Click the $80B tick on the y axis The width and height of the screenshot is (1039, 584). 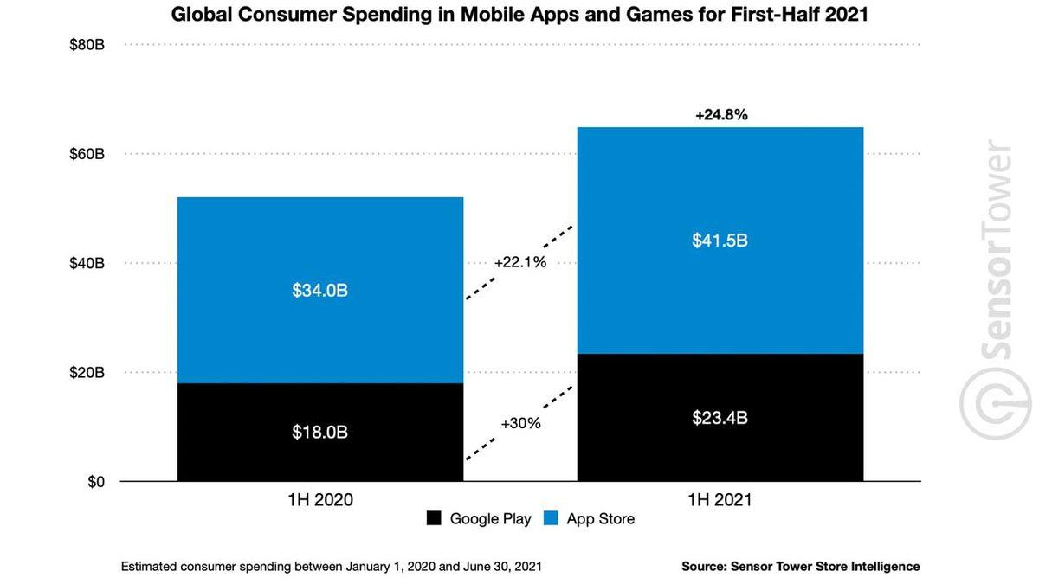(87, 44)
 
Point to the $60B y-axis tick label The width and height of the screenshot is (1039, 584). (87, 154)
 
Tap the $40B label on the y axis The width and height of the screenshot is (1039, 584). (87, 263)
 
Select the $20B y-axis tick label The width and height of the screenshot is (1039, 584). (87, 373)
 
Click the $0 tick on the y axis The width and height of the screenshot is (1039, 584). (95, 482)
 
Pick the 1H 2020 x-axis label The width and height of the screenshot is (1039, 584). (319, 500)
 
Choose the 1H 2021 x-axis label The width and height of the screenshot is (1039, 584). (720, 500)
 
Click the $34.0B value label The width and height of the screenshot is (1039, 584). (319, 291)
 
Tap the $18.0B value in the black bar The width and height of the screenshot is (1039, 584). (319, 432)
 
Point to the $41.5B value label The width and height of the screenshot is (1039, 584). (720, 241)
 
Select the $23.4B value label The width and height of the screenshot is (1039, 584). (720, 418)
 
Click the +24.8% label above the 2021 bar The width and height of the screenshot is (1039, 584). (721, 114)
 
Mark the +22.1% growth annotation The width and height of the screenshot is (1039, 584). (520, 262)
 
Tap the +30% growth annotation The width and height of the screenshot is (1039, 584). (520, 423)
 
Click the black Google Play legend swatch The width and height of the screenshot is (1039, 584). (434, 519)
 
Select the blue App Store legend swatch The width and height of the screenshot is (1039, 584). (551, 519)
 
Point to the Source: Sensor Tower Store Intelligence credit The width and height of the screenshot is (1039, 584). (800, 567)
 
